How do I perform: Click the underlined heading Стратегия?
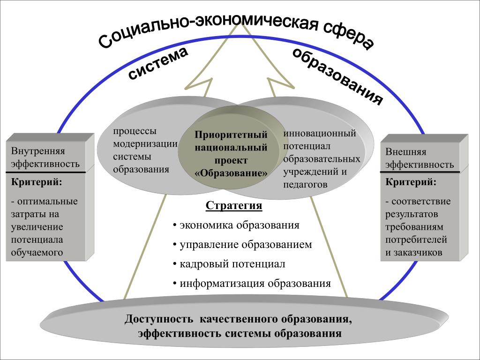point(234,206)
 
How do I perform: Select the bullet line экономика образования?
point(236,225)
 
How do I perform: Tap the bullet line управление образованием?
point(242,245)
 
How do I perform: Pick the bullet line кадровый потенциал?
point(229,264)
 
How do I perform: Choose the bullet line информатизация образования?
point(252,283)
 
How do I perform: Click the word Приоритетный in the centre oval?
point(231,135)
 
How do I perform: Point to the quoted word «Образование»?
point(231,173)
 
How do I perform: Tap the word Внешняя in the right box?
point(405,152)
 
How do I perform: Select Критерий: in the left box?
point(37,182)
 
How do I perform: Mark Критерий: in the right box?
point(411,182)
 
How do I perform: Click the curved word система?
point(157,64)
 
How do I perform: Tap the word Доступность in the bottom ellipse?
point(159,319)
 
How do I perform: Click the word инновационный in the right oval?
point(320,134)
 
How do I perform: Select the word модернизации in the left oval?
point(145,144)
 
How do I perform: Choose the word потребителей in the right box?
point(416,240)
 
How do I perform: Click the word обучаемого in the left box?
point(37,253)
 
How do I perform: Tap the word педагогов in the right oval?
point(305,185)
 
